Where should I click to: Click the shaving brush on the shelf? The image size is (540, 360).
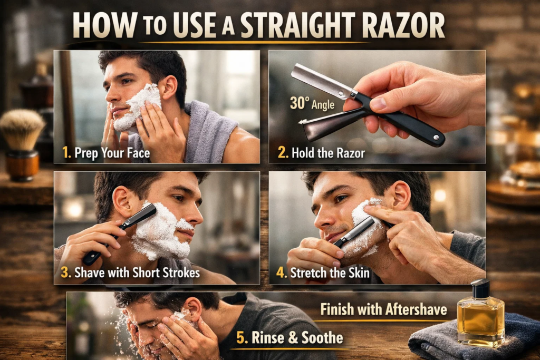[x=22, y=130]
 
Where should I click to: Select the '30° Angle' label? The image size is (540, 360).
[x=312, y=103]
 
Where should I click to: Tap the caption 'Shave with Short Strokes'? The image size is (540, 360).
[x=137, y=273]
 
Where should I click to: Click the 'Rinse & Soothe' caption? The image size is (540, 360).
[x=297, y=338]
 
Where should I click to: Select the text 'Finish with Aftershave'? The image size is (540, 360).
[x=383, y=309]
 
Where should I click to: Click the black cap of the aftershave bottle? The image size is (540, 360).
[x=480, y=288]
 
